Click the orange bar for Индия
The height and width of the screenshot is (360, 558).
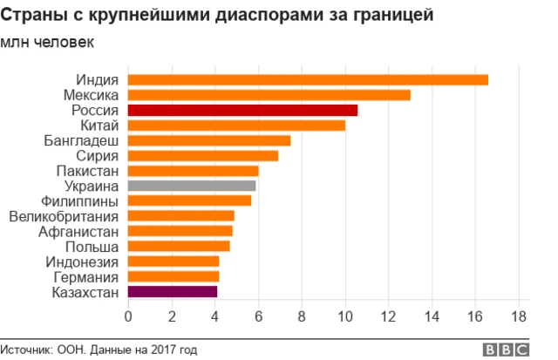click(308, 80)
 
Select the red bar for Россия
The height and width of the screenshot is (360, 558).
click(242, 110)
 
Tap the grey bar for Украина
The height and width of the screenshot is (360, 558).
click(192, 186)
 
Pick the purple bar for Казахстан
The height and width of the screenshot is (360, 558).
click(173, 292)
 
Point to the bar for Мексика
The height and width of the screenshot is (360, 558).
click(269, 95)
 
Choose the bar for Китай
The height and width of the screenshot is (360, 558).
click(236, 126)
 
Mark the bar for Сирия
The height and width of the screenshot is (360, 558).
click(203, 156)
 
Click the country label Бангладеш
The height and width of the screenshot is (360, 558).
click(81, 140)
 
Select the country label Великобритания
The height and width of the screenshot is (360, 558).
click(64, 216)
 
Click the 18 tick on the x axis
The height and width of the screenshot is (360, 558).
click(519, 316)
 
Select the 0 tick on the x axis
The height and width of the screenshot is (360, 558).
click(128, 316)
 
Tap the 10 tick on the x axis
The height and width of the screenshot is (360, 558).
click(345, 316)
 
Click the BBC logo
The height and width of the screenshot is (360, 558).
click(506, 349)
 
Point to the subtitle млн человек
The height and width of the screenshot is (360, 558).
click(49, 42)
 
